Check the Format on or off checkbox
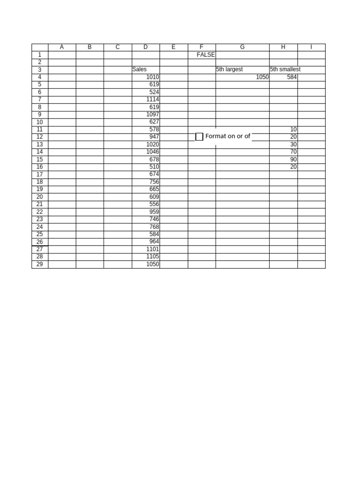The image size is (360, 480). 199,136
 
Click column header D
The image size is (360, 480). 145,47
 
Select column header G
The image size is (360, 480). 242,47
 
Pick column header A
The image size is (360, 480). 62,47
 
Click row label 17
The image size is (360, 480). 39,174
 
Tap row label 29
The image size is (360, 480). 39,264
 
